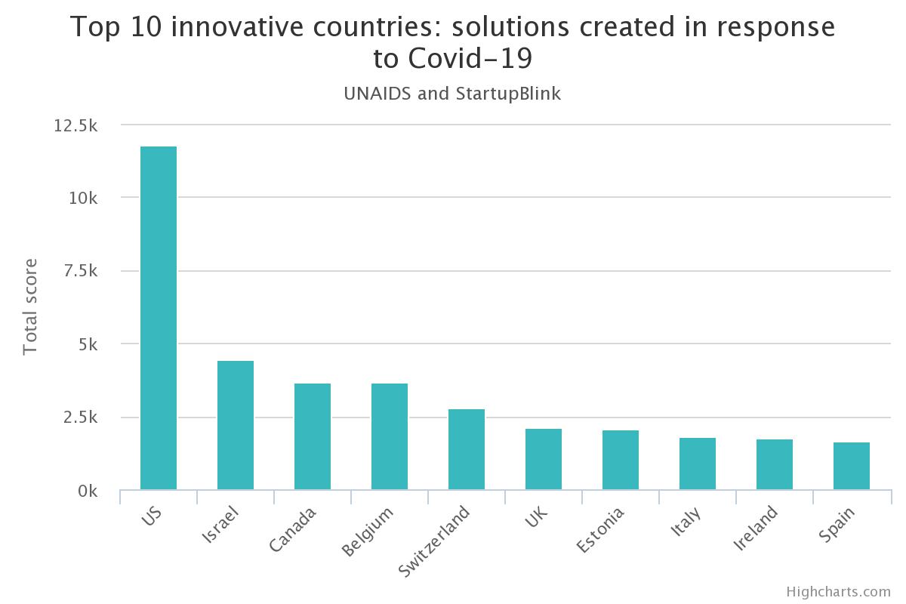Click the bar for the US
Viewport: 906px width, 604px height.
click(159, 318)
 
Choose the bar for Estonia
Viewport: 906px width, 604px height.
click(621, 460)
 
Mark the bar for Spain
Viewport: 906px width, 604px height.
click(852, 466)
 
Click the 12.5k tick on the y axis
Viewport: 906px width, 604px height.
click(75, 125)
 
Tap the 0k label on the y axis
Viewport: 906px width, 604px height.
click(88, 492)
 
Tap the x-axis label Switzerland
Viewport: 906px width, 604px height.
click(434, 541)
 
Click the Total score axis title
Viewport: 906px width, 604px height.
click(30, 307)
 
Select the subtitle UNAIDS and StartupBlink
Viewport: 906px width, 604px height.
click(452, 94)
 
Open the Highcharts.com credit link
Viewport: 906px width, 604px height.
click(838, 591)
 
